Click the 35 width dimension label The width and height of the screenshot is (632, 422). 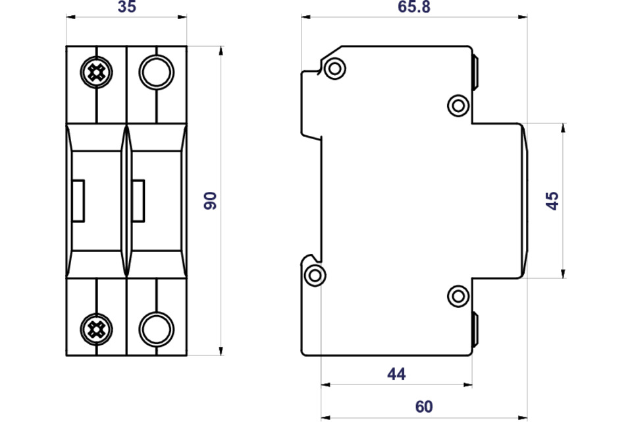(127, 7)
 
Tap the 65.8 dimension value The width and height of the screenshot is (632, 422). (414, 7)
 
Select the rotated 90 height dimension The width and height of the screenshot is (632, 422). (210, 200)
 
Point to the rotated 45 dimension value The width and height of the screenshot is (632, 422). (552, 200)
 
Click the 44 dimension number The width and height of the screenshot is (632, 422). (396, 374)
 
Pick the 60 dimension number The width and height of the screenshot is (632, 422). (424, 407)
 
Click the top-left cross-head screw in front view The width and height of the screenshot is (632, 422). (96, 73)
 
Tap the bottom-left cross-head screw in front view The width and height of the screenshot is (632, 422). (96, 330)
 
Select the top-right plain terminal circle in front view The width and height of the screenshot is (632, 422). (157, 73)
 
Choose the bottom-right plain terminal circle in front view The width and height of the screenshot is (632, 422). (157, 329)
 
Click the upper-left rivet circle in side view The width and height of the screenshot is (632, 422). (334, 69)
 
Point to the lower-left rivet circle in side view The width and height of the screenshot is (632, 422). (315, 276)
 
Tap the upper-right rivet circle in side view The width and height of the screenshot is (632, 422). (458, 105)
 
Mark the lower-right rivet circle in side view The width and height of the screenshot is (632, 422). (458, 296)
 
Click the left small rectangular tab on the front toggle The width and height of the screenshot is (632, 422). (78, 201)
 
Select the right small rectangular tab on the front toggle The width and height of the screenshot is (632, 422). (138, 201)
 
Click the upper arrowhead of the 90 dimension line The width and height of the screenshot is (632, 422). (221, 51)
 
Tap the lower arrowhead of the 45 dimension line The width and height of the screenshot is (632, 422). (563, 274)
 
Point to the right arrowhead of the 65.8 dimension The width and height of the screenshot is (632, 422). (522, 17)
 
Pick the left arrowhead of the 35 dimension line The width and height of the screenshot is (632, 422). (71, 17)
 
